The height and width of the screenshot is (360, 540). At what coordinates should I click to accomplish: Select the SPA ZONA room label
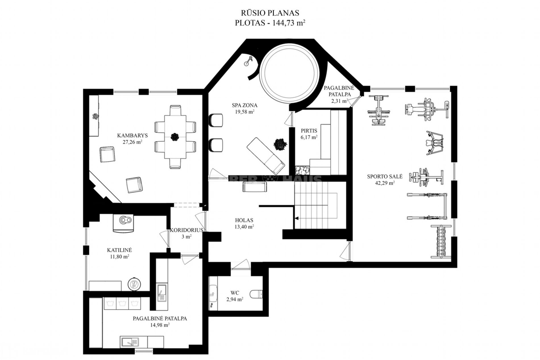[x=244, y=105]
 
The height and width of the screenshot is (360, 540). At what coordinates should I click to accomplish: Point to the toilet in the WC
[x=257, y=294]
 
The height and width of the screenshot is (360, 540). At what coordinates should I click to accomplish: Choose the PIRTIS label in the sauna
[x=309, y=131]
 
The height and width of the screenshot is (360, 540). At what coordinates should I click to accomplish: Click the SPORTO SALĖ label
[x=385, y=176]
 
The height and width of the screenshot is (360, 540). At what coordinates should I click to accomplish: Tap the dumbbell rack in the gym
[x=441, y=242]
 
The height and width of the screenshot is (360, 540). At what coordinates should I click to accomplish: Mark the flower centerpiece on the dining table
[x=175, y=137]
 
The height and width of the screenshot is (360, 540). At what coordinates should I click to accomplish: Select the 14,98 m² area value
[x=160, y=325]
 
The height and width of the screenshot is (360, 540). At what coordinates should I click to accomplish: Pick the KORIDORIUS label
[x=186, y=230]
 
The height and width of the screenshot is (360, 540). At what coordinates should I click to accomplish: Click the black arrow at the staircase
[x=296, y=218]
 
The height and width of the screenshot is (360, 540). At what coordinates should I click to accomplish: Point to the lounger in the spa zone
[x=265, y=156]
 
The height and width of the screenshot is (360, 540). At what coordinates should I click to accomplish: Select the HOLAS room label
[x=244, y=220]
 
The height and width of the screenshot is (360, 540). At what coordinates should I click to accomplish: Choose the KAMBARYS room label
[x=132, y=136]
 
